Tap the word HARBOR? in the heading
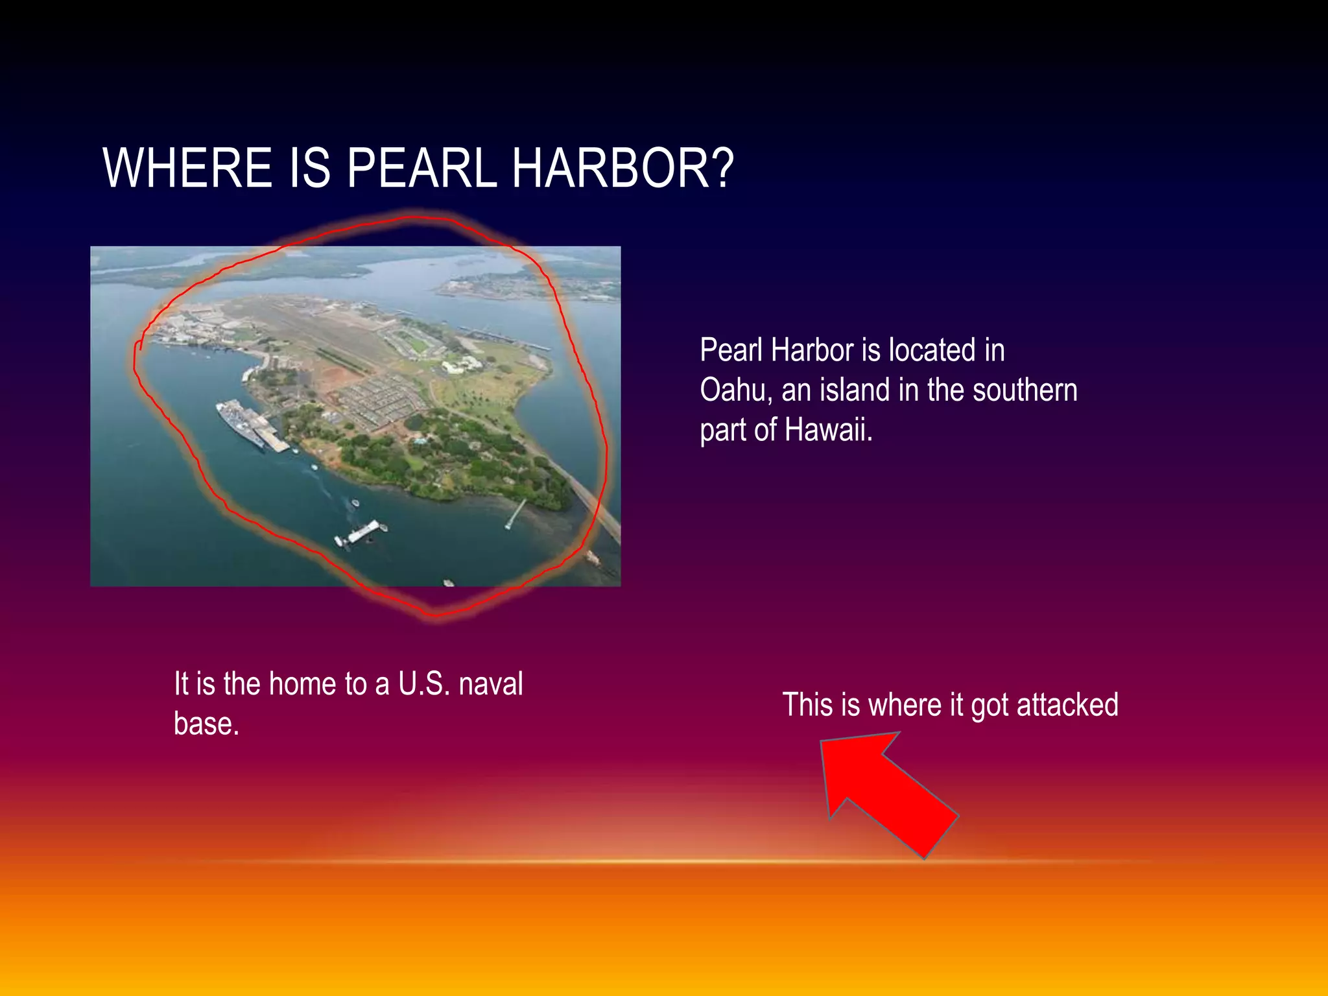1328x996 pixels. pos(622,168)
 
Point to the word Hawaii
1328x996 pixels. pos(829,430)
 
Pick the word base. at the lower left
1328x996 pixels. pos(206,724)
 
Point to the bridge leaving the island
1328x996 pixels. pos(593,506)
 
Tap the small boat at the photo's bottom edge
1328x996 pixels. pos(448,582)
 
